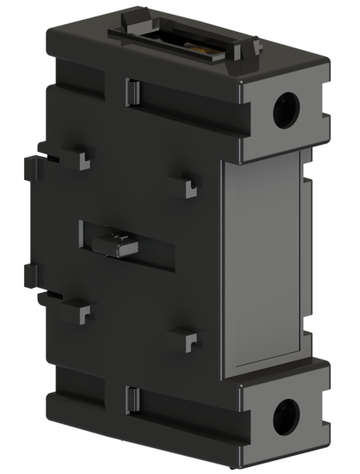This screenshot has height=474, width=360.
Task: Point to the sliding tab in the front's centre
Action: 121,244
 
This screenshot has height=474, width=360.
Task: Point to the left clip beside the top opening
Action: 131,16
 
